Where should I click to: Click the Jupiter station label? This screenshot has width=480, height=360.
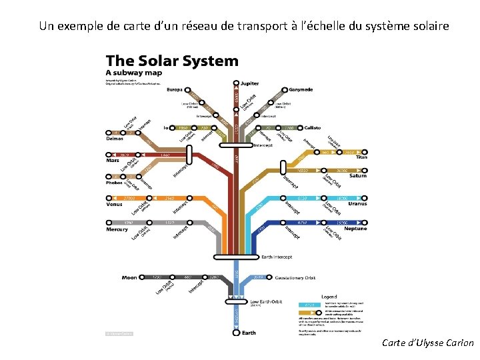[250, 84]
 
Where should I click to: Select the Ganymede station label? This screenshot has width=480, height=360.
[301, 89]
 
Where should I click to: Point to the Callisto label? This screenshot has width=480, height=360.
[312, 127]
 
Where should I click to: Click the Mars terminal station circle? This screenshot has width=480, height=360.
[108, 154]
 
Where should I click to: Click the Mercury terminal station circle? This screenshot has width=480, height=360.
[108, 222]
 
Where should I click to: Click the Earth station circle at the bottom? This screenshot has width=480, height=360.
[236, 331]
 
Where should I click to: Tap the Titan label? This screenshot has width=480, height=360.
[361, 158]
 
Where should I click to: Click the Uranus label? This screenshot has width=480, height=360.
[357, 204]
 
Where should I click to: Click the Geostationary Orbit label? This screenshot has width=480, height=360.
[295, 277]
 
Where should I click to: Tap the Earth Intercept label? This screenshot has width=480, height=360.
[275, 257]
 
